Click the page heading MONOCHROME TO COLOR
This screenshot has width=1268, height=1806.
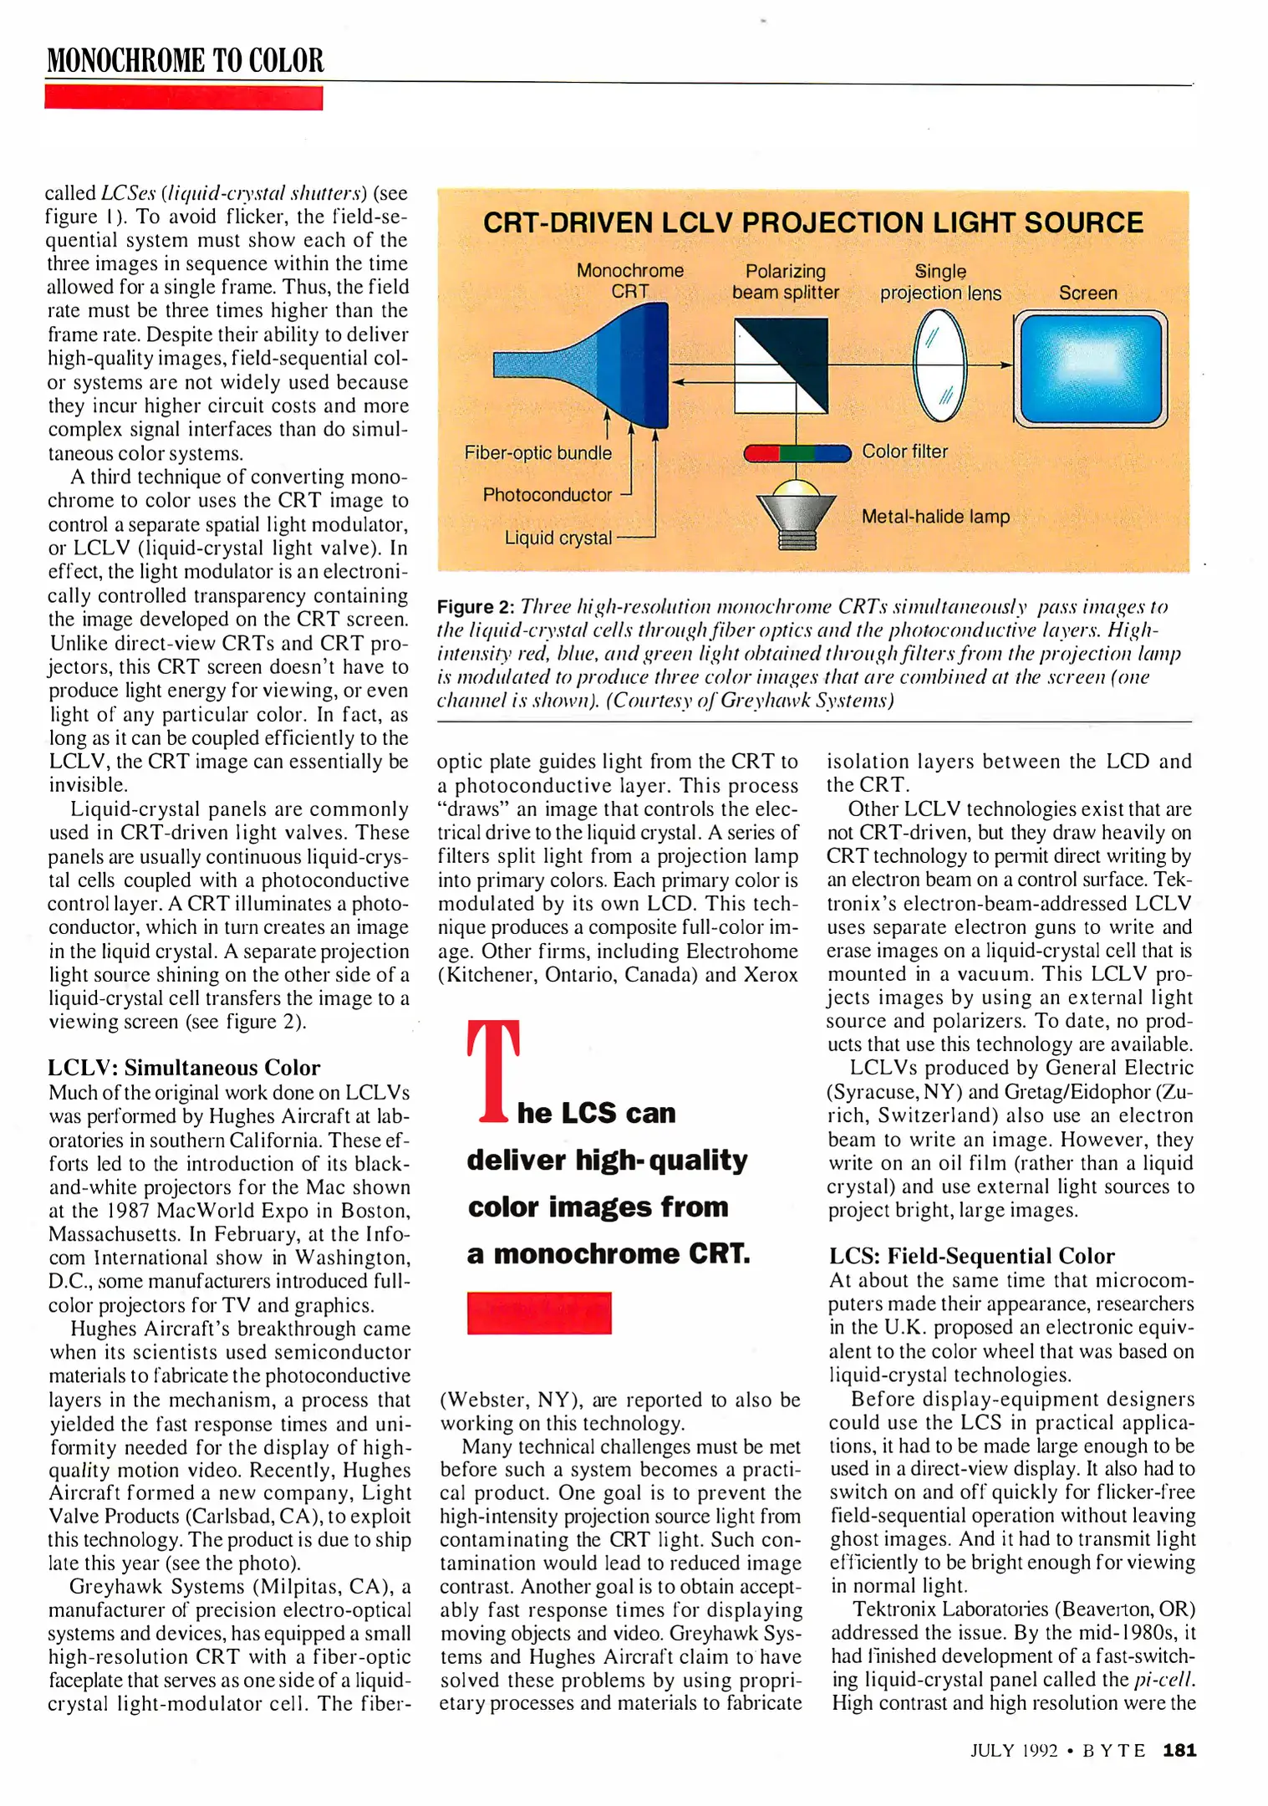185,61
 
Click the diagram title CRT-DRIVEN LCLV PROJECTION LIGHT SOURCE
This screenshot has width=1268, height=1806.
812,223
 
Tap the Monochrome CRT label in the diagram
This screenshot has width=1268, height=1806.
629,281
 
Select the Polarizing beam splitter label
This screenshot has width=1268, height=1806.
785,282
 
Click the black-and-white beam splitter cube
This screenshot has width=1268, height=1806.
782,365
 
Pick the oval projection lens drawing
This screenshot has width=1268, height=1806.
940,365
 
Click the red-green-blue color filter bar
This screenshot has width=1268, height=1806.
797,453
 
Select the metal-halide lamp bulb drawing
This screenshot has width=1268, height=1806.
796,512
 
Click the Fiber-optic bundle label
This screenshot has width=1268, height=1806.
537,453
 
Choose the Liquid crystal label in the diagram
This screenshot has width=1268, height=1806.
558,538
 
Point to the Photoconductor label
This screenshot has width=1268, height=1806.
547,495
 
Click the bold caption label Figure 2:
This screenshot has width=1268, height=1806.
475,607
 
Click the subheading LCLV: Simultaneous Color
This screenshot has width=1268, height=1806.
184,1068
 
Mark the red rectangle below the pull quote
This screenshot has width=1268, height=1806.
539,1313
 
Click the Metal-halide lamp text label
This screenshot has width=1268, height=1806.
935,517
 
